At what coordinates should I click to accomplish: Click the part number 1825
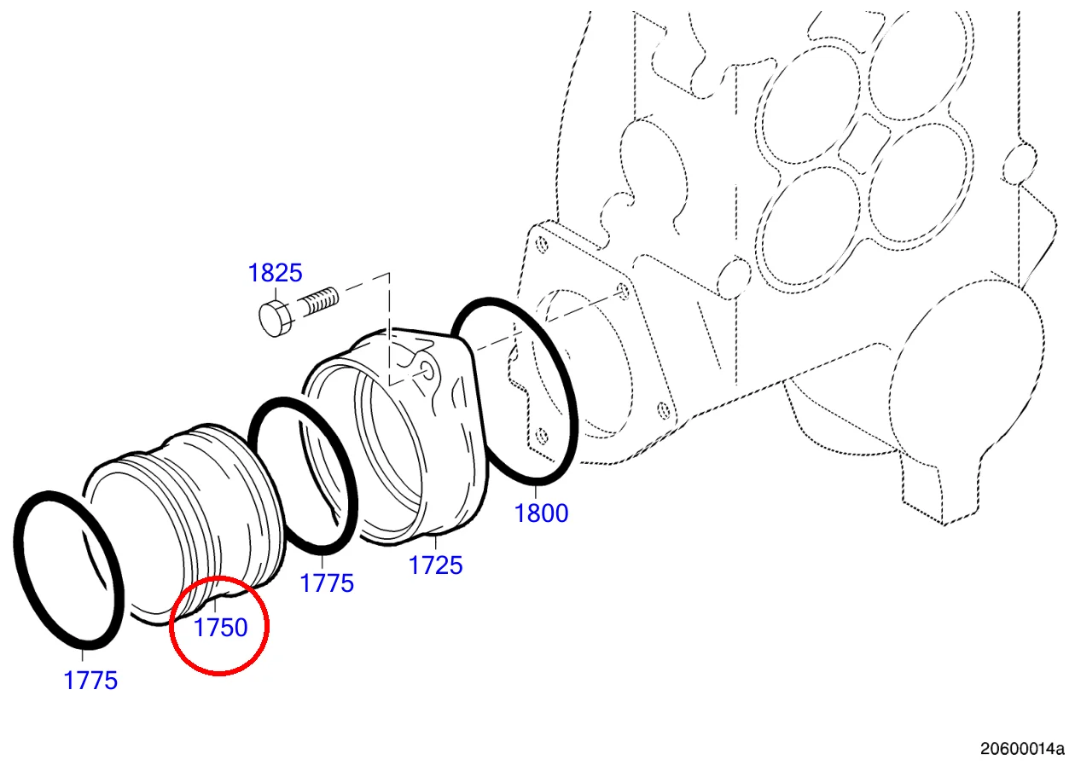pos(275,273)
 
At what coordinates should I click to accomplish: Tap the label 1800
pos(541,513)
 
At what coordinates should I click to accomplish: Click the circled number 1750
pos(220,628)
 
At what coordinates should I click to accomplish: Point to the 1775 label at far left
pos(90,681)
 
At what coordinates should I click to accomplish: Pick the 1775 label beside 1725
pos(326,583)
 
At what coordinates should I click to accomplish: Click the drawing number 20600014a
pos(1022,748)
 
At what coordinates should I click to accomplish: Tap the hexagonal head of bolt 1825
pos(275,318)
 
